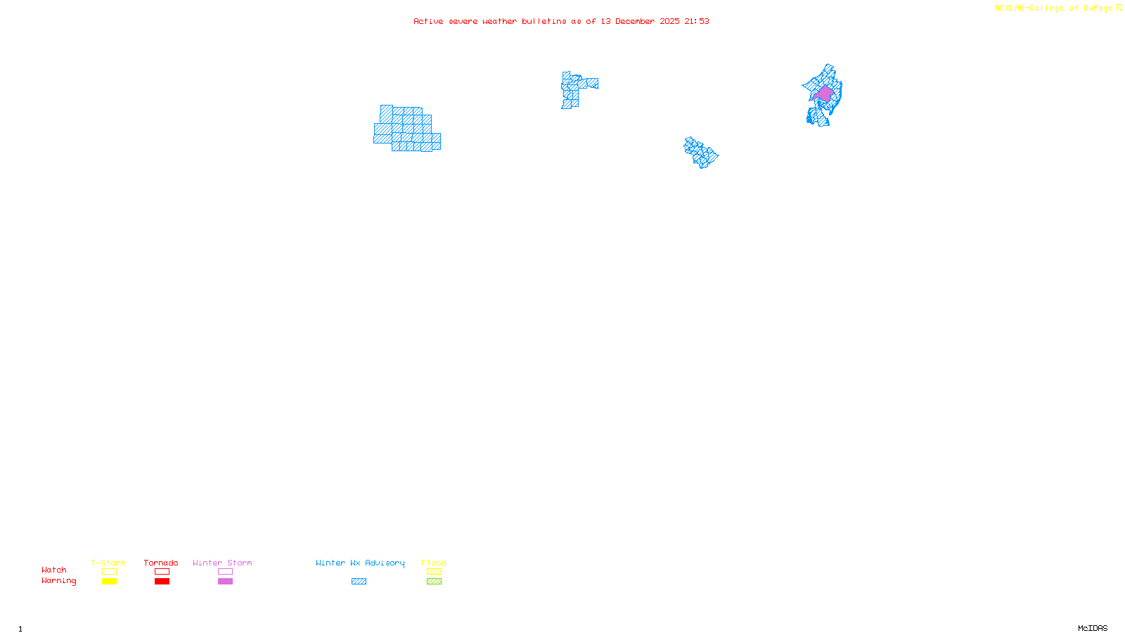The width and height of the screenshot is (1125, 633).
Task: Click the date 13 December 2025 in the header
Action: pos(640,22)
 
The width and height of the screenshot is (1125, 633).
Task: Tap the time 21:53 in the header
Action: pos(697,22)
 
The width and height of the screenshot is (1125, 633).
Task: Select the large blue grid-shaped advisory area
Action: pos(406,129)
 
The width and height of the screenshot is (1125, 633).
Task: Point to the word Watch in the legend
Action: pos(54,570)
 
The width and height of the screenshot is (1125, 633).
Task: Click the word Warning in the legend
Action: pos(58,581)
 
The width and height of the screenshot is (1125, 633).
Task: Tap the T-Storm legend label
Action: pos(108,563)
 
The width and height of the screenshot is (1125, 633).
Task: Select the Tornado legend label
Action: pos(161,563)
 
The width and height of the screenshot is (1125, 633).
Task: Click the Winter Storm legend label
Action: pos(222,563)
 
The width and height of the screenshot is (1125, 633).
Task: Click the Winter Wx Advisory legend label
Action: pos(360,563)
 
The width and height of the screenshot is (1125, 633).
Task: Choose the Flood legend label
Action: pos(434,563)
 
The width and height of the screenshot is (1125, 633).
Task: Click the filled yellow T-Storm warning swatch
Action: pos(109,582)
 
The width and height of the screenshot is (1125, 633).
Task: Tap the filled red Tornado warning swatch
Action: pos(162,582)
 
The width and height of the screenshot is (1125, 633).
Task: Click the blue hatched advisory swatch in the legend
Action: pos(359,582)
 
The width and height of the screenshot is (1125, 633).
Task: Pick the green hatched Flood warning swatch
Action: pos(435,582)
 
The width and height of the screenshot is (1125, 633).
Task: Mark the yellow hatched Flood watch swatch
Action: pos(435,572)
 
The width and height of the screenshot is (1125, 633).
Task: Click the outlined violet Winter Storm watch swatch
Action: pos(225,572)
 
